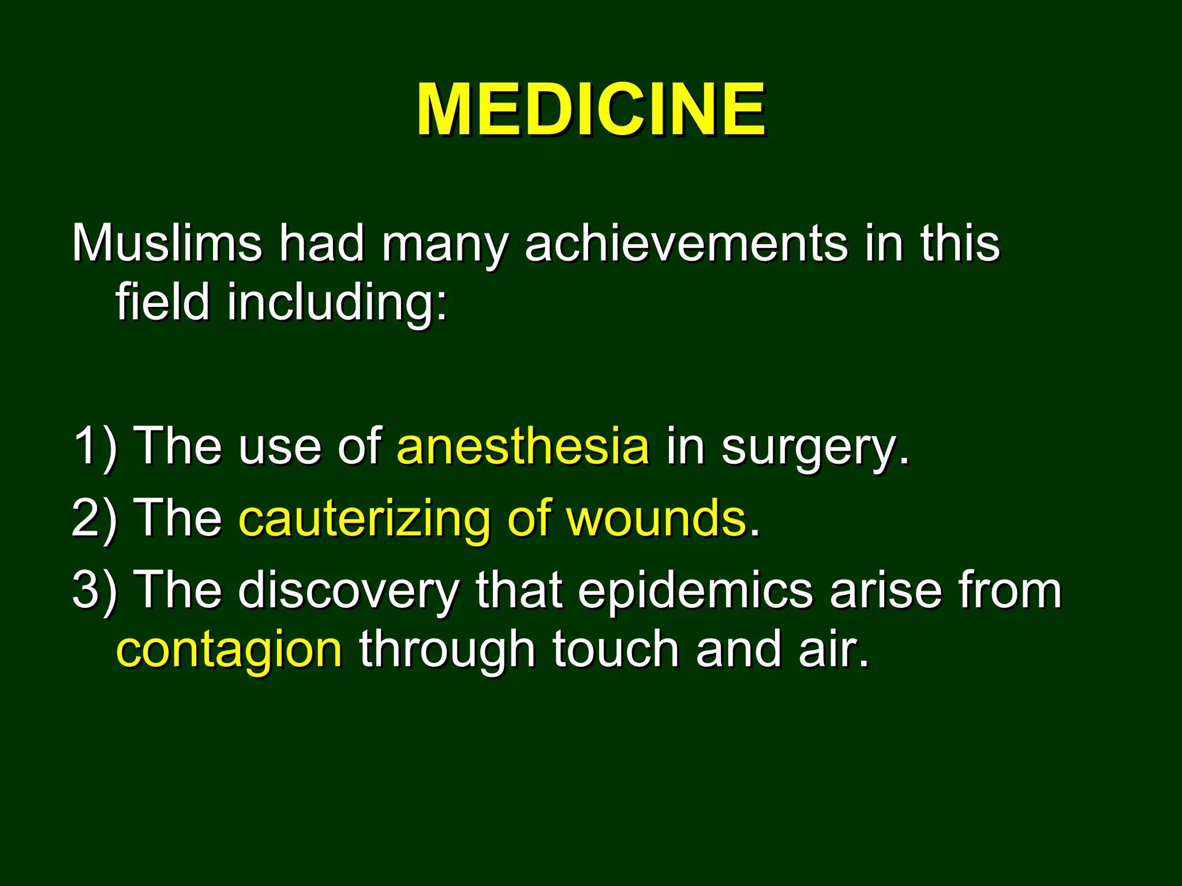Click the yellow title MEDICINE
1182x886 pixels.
[x=591, y=110]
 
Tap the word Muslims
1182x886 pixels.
[x=167, y=243]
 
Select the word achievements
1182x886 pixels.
[x=686, y=243]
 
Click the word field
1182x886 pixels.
[x=162, y=302]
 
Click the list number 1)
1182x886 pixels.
[x=95, y=446]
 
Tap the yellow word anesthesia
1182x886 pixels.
[x=523, y=446]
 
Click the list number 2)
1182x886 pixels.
[x=95, y=519]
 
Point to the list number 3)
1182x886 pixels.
[x=95, y=591]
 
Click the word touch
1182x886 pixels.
[x=615, y=650]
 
